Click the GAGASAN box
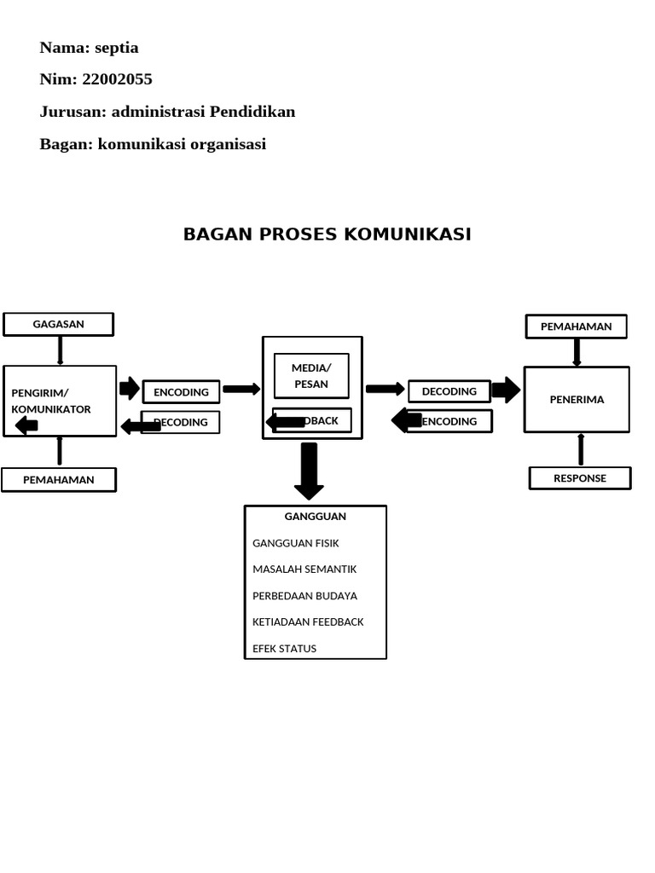[x=58, y=325]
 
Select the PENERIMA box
[x=577, y=399]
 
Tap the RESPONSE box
[x=580, y=478]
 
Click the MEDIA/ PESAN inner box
[x=311, y=376]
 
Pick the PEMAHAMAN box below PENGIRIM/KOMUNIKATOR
[x=58, y=480]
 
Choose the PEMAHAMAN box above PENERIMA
[x=576, y=327]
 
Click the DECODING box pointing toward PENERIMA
[x=449, y=391]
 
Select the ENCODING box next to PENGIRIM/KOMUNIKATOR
[x=181, y=392]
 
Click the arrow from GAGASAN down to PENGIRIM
[x=60, y=350]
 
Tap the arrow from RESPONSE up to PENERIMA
[x=581, y=449]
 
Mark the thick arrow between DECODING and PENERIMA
[x=506, y=390]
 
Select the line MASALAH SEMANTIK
[x=304, y=569]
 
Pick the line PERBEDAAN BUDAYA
[x=304, y=596]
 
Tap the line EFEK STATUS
[x=284, y=648]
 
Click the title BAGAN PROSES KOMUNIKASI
[x=327, y=234]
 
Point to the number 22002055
[x=117, y=79]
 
